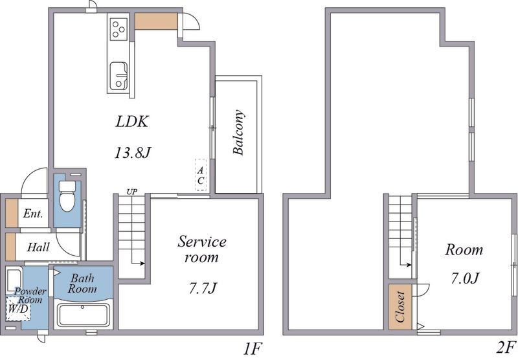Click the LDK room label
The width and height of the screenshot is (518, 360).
click(132, 122)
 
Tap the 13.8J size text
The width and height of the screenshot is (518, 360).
click(133, 153)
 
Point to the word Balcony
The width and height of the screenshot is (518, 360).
click(238, 133)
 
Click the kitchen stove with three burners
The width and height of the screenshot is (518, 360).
click(118, 29)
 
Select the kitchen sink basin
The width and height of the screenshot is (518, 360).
click(118, 76)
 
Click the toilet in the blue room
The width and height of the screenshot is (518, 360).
click(67, 196)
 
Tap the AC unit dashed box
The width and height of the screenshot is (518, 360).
click(201, 175)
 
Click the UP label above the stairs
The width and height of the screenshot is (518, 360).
click(132, 192)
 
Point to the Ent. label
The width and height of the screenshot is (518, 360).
click(33, 214)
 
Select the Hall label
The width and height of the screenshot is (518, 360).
click(38, 247)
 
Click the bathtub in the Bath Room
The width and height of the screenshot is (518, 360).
click(83, 315)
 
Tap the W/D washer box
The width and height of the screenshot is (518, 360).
click(18, 308)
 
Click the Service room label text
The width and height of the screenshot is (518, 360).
click(202, 249)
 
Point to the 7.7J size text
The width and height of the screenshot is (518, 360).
click(203, 289)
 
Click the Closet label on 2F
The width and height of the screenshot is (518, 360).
click(400, 307)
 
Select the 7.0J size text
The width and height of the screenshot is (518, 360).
click(465, 278)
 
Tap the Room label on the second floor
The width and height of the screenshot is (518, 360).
click(464, 250)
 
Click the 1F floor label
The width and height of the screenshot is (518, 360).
click(253, 348)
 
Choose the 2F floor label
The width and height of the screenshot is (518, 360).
click(506, 348)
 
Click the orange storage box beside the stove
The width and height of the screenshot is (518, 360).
click(156, 21)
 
